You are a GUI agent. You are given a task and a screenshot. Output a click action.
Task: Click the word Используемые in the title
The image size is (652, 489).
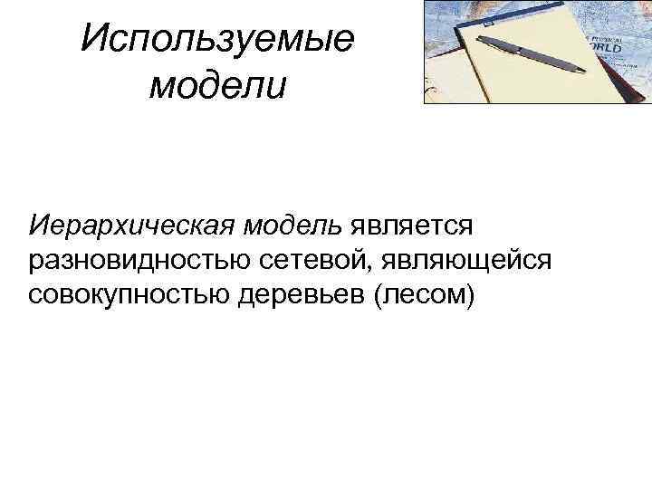click(x=217, y=41)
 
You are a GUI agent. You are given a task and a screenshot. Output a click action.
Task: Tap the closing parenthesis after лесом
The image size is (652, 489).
click(x=469, y=296)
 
